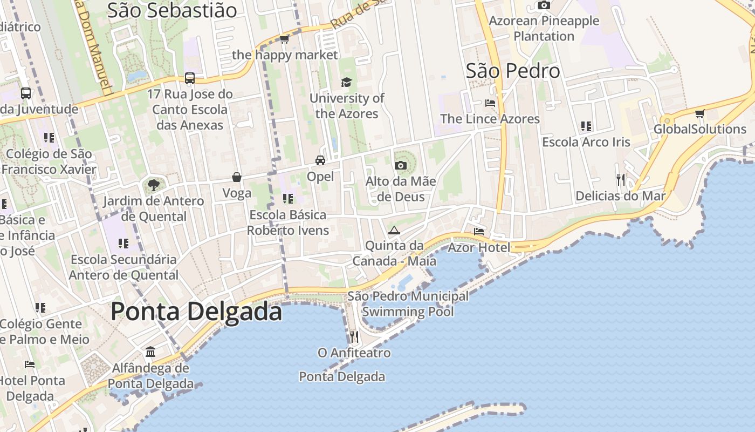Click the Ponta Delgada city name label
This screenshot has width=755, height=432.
click(x=196, y=312)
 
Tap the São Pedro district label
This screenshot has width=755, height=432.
click(x=513, y=71)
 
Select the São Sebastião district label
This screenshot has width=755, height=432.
click(x=172, y=10)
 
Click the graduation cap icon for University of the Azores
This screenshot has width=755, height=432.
click(x=346, y=82)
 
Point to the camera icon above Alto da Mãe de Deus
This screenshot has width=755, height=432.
click(x=401, y=165)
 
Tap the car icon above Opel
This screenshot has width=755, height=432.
click(x=320, y=160)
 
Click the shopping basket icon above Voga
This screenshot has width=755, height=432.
click(x=236, y=177)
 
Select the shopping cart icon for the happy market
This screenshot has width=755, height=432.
click(x=284, y=39)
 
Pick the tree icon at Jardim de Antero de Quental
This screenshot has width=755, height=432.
click(x=154, y=185)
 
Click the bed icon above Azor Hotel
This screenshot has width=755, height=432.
click(x=478, y=232)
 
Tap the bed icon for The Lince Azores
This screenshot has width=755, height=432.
click(x=490, y=103)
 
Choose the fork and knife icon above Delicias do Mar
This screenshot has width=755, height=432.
click(x=621, y=179)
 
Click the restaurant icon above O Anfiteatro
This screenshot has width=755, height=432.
click(x=354, y=336)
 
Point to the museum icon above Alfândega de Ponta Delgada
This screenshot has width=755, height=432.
click(x=150, y=352)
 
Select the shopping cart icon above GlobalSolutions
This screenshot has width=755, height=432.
click(x=699, y=113)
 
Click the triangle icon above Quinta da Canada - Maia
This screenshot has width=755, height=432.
click(x=394, y=230)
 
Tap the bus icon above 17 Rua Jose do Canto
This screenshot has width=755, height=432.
click(x=190, y=78)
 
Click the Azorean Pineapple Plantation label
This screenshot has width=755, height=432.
click(x=544, y=29)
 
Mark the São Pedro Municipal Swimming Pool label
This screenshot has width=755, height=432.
click(x=408, y=304)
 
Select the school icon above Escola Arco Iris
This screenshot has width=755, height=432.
click(x=586, y=126)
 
